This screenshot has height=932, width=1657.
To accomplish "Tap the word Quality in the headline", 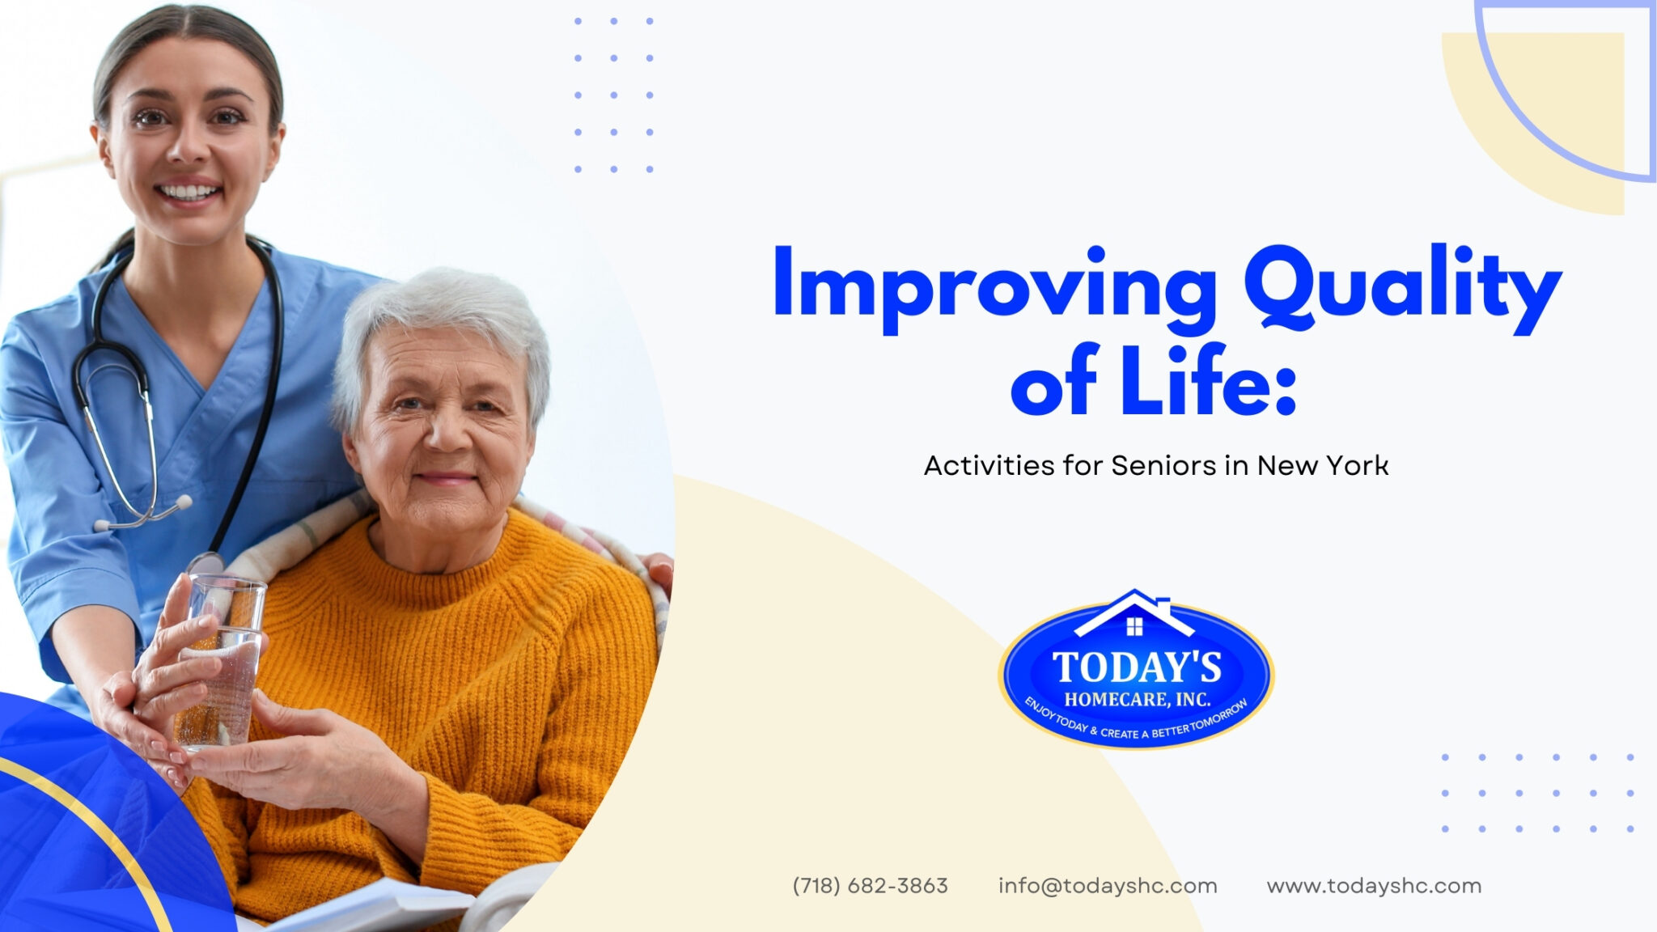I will click(1402, 288).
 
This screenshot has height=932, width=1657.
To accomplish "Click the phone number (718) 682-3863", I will click(870, 886).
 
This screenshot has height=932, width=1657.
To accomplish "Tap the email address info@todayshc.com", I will click(1107, 886).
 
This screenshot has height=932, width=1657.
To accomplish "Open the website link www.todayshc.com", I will click(1373, 886).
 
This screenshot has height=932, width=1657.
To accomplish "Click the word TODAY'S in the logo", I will click(1137, 668).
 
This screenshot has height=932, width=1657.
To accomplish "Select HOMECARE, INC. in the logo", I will click(1137, 699).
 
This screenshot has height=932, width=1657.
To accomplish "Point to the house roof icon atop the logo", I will click(1134, 612).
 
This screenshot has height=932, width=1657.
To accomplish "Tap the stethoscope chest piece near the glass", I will click(207, 563).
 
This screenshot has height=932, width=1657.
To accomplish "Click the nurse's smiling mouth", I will click(189, 193).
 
